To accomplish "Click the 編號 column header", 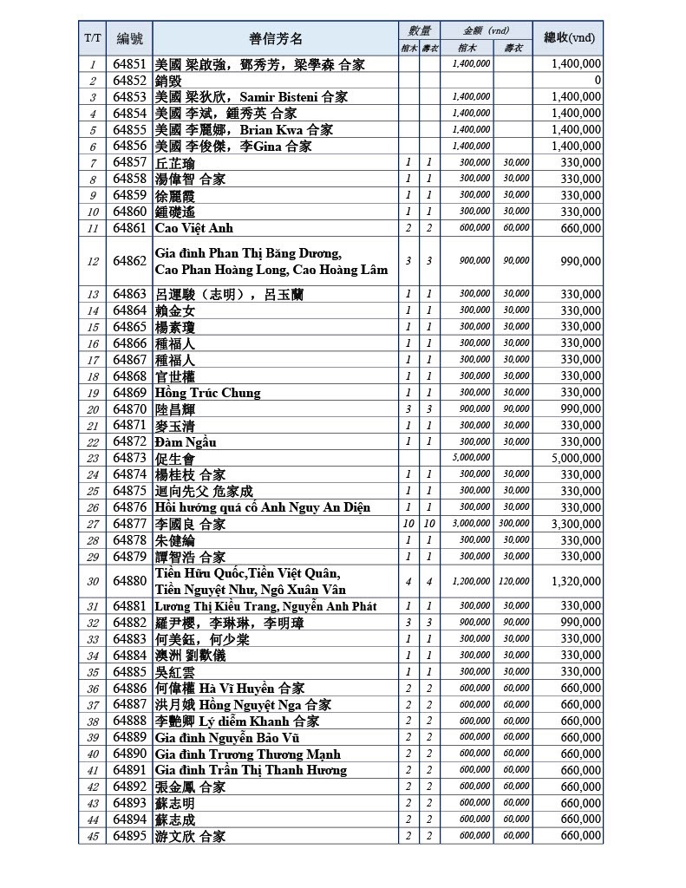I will tap(129, 38).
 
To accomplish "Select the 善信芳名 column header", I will tap(276, 38).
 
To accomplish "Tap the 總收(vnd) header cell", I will tap(568, 38).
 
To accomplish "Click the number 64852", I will tap(130, 81).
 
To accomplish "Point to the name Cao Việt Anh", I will tap(194, 228).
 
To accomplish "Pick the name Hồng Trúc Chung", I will tap(207, 393).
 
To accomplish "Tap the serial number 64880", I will tap(130, 581).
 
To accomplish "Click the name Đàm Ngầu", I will tap(186, 442).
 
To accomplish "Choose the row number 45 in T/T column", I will tap(93, 836).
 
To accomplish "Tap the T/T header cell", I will tap(93, 38).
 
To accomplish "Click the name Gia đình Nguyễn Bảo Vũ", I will tap(227, 737).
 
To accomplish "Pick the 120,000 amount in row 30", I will tap(516, 581).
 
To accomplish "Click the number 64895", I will tap(130, 836).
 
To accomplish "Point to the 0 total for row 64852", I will tap(598, 81).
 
